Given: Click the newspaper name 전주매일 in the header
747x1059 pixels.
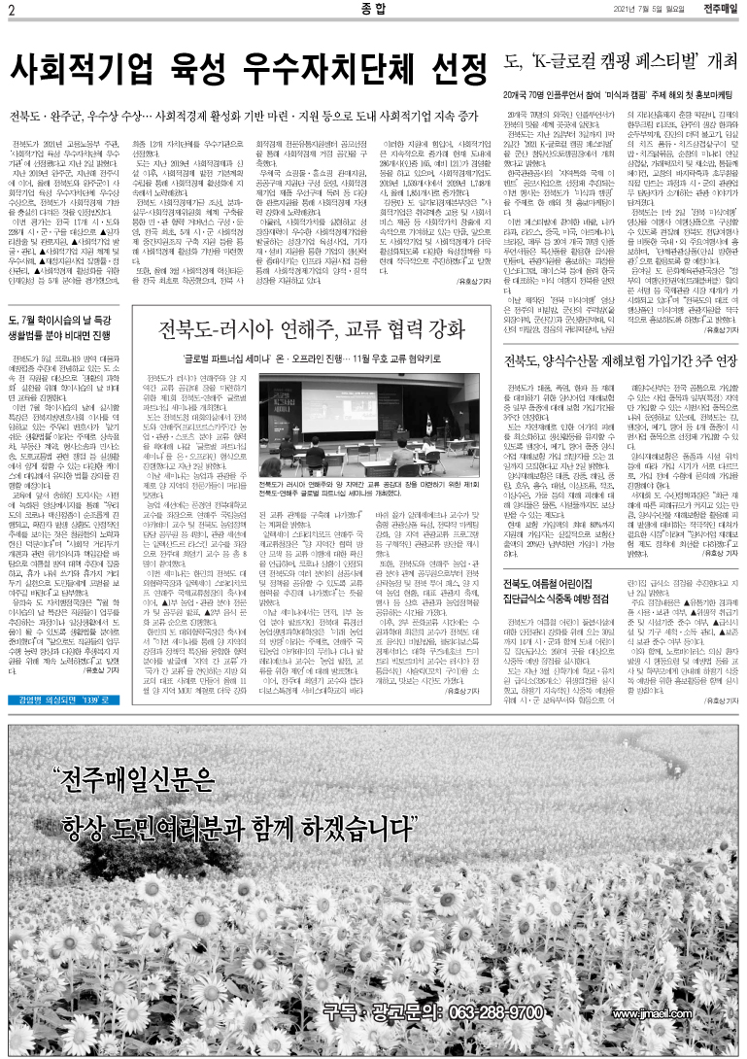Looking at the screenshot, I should [718, 11].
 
